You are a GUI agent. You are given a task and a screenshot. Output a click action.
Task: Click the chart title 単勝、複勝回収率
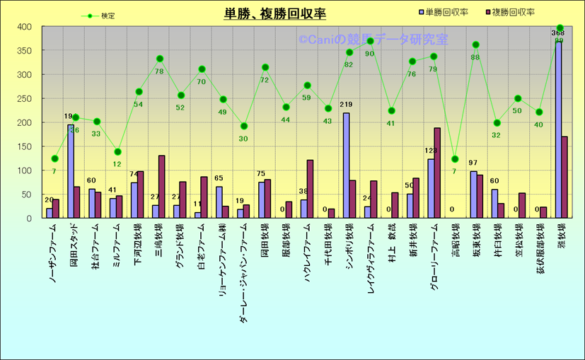[265, 14]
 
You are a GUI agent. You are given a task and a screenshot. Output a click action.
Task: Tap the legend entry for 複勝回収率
[509, 12]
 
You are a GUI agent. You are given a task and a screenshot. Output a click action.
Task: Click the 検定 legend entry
[99, 16]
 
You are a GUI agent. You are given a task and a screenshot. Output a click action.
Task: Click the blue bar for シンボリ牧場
[346, 166]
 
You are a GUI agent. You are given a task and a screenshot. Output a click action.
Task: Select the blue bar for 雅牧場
[558, 130]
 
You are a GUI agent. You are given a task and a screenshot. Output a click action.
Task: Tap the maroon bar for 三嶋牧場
[161, 187]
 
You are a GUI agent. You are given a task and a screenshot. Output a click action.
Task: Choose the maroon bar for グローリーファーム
[437, 173]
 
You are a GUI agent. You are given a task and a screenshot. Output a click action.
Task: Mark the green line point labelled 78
[160, 59]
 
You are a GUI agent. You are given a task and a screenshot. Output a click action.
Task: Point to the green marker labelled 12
[117, 152]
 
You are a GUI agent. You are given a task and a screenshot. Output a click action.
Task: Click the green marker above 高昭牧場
[455, 159]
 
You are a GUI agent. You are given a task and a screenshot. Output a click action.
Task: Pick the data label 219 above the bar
[346, 105]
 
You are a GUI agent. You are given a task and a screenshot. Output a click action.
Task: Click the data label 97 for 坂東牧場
[473, 163]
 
